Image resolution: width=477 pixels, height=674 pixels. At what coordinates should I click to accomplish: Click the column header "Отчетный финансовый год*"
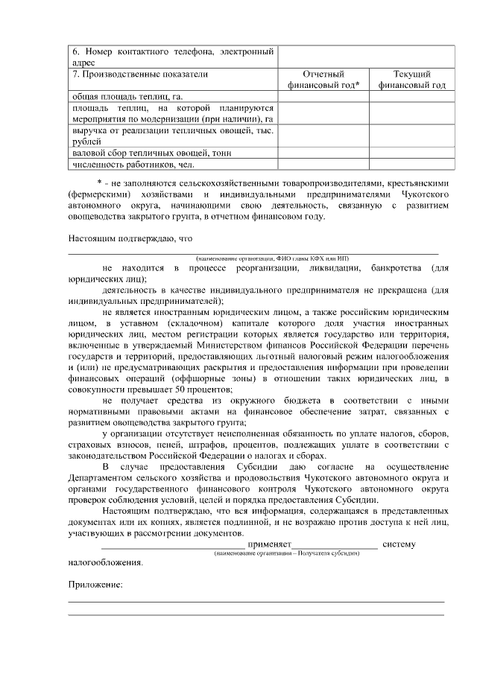coord(323,80)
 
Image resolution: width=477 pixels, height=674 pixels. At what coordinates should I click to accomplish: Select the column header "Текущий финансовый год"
coord(412,80)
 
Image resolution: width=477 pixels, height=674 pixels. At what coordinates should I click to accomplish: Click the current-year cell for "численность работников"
coord(412,164)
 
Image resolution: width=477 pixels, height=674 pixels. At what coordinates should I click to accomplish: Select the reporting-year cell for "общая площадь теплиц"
coord(323,97)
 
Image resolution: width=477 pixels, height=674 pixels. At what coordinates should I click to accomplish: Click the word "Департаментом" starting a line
coord(104,477)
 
